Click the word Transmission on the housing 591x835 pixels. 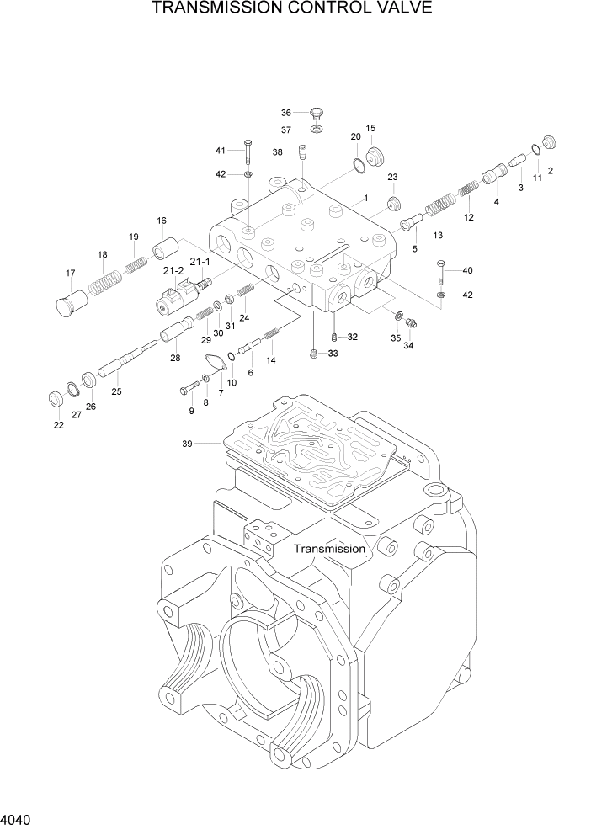tap(329, 548)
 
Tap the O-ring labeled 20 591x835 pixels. tap(359, 164)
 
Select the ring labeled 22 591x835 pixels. tap(58, 397)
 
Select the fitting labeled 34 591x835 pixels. tap(412, 322)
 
